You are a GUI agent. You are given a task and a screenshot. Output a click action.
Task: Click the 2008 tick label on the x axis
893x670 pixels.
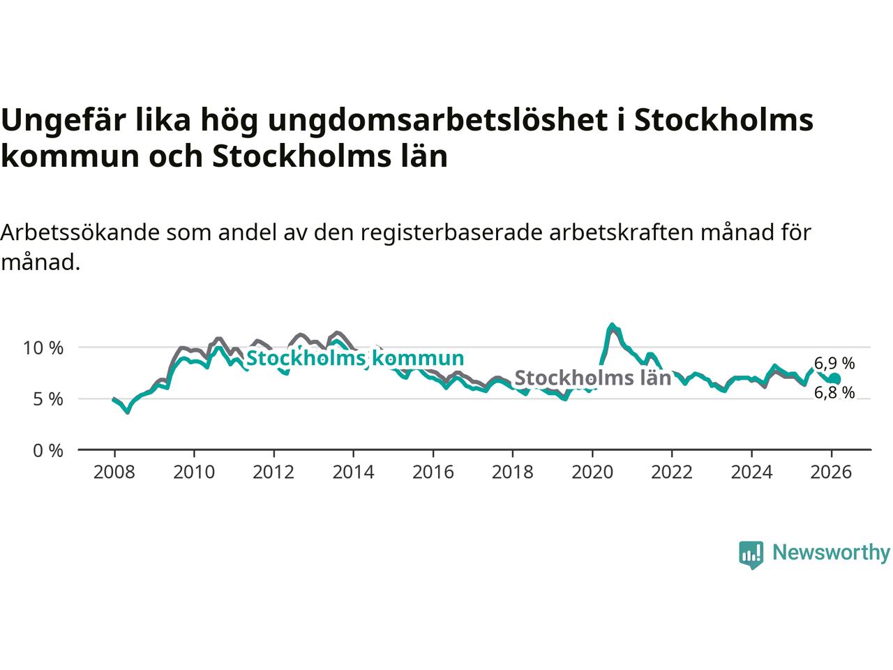114,472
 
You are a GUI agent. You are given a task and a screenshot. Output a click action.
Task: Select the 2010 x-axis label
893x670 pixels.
193,472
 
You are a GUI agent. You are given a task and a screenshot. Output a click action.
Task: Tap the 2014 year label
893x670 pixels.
353,472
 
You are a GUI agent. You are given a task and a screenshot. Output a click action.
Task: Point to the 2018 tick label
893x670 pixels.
512,472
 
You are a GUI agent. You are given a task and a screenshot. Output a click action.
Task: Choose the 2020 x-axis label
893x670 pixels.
592,472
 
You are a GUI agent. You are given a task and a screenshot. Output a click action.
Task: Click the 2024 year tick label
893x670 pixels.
751,472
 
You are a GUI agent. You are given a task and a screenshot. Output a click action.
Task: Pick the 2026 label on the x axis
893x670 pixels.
832,472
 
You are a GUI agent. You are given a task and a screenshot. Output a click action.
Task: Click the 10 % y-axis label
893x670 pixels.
44,348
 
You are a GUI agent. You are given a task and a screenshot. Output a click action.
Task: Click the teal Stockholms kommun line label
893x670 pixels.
355,359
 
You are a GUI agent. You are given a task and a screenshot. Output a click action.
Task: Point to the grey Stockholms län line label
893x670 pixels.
592,378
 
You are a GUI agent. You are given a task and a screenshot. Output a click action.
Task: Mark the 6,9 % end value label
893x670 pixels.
834,363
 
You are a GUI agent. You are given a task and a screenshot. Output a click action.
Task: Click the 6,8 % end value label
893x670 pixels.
834,393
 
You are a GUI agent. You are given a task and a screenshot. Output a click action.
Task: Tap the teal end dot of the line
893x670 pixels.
834,378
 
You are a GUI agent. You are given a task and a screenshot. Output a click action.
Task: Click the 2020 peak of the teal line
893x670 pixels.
612,325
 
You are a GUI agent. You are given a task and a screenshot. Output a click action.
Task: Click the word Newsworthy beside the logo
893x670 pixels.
831,553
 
